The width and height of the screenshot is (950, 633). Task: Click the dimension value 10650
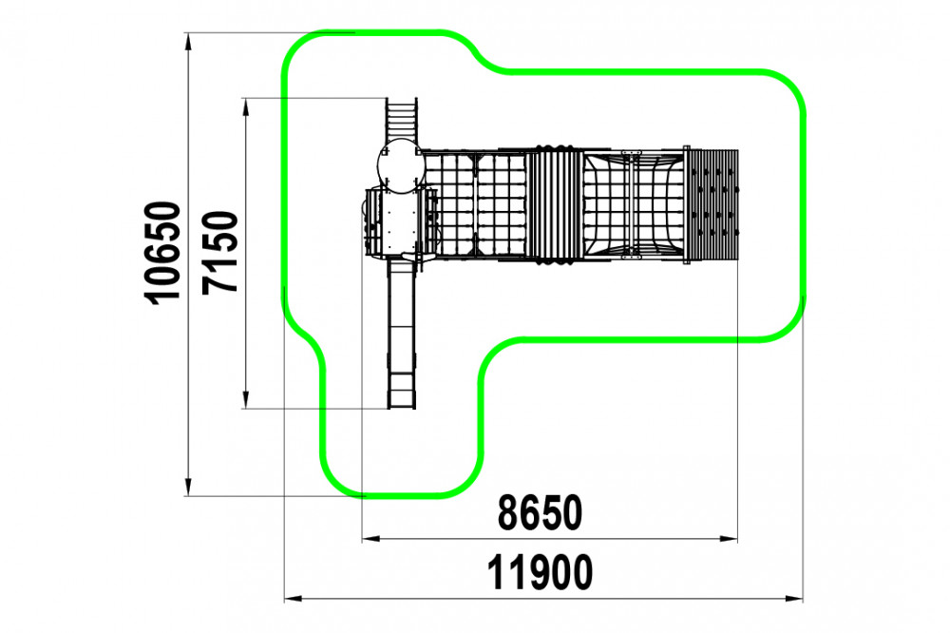click(x=162, y=252)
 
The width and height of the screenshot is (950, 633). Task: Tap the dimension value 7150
click(x=220, y=252)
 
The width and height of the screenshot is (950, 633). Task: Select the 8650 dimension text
click(x=540, y=513)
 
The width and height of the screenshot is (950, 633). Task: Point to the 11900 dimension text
click(x=540, y=572)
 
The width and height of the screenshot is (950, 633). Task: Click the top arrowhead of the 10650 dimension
click(x=188, y=42)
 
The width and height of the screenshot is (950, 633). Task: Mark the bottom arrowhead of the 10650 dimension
click(x=188, y=487)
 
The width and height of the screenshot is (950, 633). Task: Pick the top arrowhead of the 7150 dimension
click(x=245, y=107)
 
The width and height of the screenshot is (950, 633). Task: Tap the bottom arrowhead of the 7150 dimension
click(x=245, y=399)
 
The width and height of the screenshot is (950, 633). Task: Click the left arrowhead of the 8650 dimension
click(x=370, y=538)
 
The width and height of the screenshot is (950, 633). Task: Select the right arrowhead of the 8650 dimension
click(x=729, y=538)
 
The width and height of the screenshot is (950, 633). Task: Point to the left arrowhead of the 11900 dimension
click(x=294, y=599)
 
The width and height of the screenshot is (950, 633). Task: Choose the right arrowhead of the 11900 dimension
click(x=794, y=599)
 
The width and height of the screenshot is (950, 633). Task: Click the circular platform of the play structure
click(x=400, y=165)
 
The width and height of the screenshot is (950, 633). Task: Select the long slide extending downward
click(x=402, y=333)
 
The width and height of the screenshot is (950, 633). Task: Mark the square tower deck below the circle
click(x=400, y=222)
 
